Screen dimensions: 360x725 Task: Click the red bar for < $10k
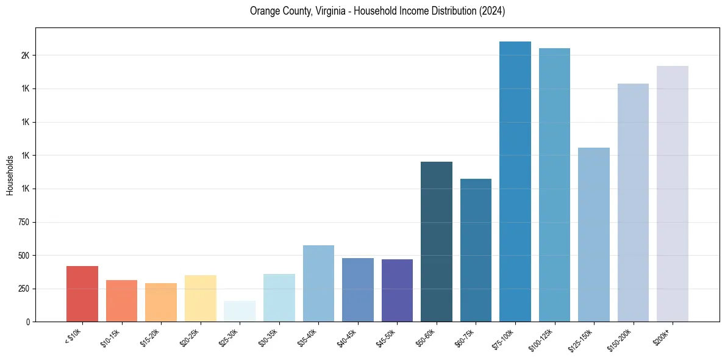click(82, 293)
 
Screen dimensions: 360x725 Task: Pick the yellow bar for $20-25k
click(200, 298)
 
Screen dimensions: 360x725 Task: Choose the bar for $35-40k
click(318, 283)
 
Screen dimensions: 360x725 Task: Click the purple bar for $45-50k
click(397, 290)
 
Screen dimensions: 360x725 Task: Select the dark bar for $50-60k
click(437, 242)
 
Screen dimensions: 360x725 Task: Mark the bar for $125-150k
click(594, 234)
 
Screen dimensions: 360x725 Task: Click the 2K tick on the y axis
click(24, 56)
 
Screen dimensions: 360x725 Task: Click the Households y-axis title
click(10, 175)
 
